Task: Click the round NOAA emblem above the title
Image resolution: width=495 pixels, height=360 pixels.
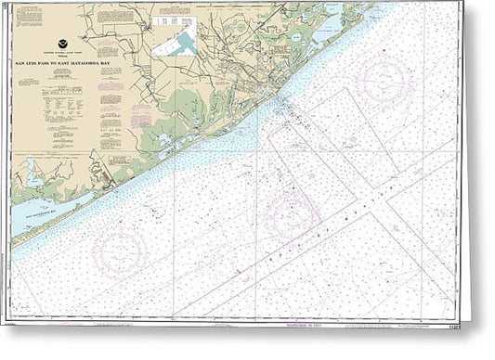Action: point(63,53)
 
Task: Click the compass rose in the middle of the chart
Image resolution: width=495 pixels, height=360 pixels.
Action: point(293,219)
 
